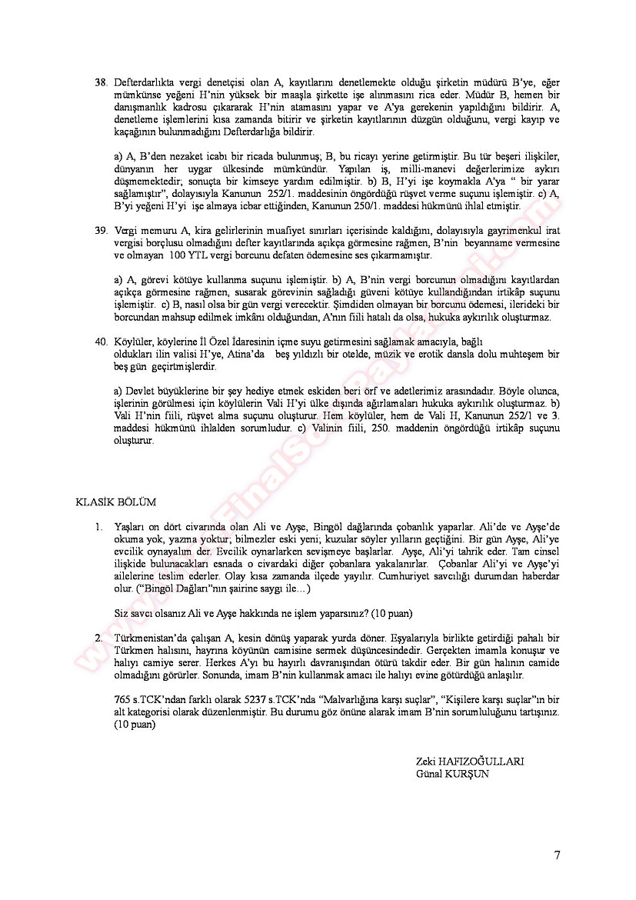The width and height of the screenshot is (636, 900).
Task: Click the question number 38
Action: tap(101, 82)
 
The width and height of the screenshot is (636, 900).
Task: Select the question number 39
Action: tap(101, 230)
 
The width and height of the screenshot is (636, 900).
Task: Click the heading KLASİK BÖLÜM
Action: tap(115, 502)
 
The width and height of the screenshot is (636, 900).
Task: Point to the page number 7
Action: tap(557, 855)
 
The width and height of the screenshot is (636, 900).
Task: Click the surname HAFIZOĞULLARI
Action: tap(482, 761)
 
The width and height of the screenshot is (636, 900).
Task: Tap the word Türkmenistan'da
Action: tap(151, 638)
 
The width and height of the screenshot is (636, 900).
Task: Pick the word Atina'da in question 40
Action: tap(246, 354)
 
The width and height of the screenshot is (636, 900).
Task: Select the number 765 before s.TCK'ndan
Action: tap(122, 700)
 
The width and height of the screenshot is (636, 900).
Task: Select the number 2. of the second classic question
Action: tap(98, 638)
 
